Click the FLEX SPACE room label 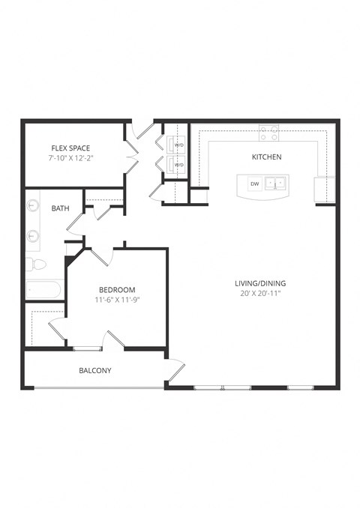[x=70, y=148]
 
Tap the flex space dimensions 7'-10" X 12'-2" [x=70, y=159]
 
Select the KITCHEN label [x=266, y=157]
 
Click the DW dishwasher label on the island [x=254, y=184]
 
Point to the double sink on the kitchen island [x=277, y=183]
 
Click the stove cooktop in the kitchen [x=269, y=133]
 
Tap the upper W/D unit [x=179, y=145]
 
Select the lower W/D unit [x=179, y=164]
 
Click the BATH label [x=60, y=209]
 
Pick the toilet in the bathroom [x=36, y=264]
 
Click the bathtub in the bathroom [x=45, y=290]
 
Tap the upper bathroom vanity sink [x=33, y=205]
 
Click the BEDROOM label [x=117, y=290]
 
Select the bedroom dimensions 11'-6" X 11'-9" [x=117, y=300]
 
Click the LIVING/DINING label [x=260, y=283]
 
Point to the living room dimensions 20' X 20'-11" [x=260, y=294]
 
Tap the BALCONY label [x=95, y=371]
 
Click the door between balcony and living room [x=175, y=369]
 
